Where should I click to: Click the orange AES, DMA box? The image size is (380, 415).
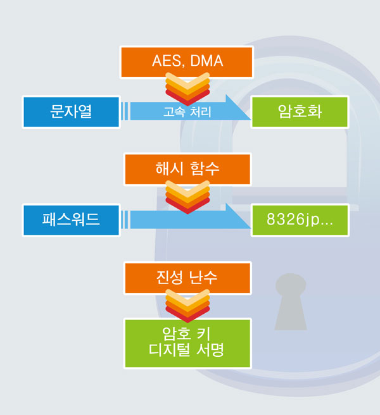coord(187,62)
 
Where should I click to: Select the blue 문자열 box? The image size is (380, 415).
coord(71,112)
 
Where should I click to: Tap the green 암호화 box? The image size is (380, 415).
coord(300,112)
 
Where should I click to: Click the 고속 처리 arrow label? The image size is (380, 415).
coord(187,112)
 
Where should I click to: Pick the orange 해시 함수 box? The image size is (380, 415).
coord(187,170)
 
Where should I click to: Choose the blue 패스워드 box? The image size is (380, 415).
coord(71,220)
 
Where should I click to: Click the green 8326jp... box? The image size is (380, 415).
coord(300,220)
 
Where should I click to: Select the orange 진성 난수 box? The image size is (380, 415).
coord(187,278)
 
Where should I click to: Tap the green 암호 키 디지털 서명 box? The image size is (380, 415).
coord(187,344)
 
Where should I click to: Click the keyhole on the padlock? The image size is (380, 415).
coord(291,302)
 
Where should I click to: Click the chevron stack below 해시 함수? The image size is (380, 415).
coord(187,197)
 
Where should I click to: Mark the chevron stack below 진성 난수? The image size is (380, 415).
coord(187,306)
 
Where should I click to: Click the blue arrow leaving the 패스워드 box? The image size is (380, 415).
coord(186,218)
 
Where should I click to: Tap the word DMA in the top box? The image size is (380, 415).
coord(206,61)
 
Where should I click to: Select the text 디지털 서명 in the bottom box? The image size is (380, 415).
coord(186,350)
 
